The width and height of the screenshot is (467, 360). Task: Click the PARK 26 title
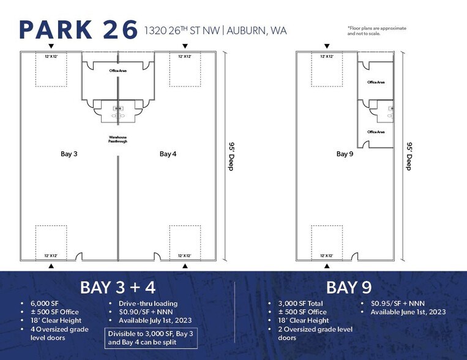[78, 30]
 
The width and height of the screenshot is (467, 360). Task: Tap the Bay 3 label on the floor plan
[69, 154]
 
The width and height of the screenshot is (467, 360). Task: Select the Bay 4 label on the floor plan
[168, 154]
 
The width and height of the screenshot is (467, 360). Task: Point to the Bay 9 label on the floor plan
[345, 154]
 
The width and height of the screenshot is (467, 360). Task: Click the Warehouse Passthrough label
[118, 139]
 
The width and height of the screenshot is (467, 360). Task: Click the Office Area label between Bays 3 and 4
[118, 71]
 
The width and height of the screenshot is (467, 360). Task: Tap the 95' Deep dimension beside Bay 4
[231, 157]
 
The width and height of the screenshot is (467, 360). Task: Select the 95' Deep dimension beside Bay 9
[408, 157]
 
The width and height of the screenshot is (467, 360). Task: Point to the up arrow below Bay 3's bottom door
[51, 266]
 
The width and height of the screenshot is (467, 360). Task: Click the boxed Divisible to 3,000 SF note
[154, 338]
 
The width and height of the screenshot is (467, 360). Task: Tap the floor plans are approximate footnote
[376, 31]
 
